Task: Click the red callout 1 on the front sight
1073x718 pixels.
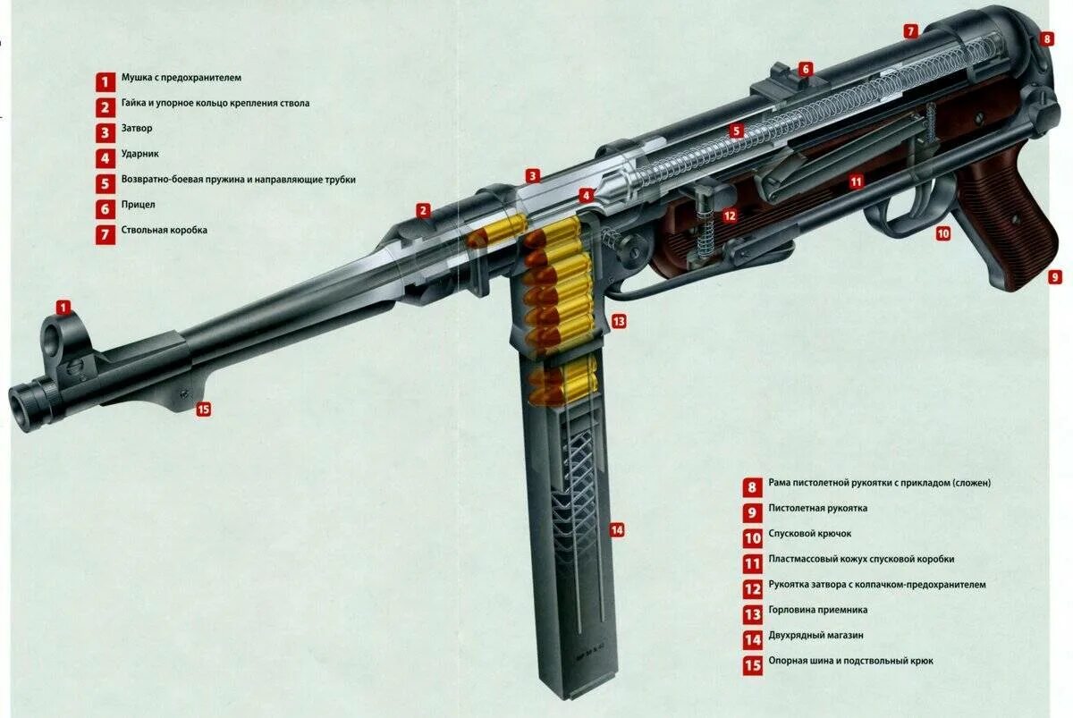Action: [x=63, y=307]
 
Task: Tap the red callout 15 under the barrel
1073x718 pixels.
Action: [x=203, y=410]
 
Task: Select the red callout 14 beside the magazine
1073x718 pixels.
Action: [x=616, y=530]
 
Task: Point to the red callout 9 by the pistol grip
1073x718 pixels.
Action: [x=1055, y=277]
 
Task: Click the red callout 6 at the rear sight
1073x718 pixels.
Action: [x=806, y=69]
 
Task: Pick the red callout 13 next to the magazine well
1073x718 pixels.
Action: [x=619, y=321]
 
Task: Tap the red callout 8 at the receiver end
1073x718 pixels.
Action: [x=1047, y=40]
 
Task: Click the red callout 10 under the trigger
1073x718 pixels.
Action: [x=942, y=233]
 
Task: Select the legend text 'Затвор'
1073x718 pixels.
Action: [x=137, y=129]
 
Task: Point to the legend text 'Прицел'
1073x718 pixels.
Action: [x=138, y=205]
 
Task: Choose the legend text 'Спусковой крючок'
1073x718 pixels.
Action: [x=809, y=534]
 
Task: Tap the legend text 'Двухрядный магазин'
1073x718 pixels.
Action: [x=815, y=636]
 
